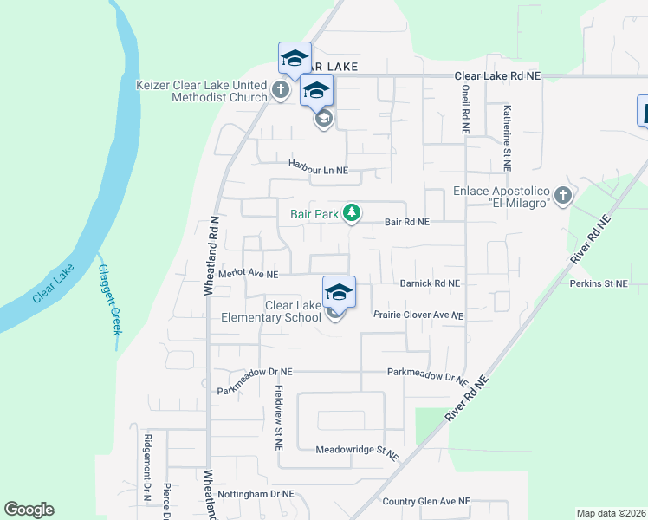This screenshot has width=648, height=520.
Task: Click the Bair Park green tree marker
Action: click(351, 211)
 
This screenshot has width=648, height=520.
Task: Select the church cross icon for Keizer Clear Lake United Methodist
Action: click(280, 89)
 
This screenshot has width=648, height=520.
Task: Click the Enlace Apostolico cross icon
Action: click(563, 196)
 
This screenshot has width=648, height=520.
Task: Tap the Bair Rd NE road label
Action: click(407, 223)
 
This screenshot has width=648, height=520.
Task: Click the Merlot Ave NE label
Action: click(248, 274)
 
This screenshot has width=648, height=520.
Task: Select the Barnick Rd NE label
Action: click(430, 283)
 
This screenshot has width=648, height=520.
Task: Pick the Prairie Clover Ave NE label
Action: click(418, 315)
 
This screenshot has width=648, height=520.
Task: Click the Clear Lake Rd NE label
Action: click(498, 76)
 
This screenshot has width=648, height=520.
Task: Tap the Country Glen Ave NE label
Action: click(426, 501)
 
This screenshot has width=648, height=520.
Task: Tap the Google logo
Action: click(29, 510)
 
